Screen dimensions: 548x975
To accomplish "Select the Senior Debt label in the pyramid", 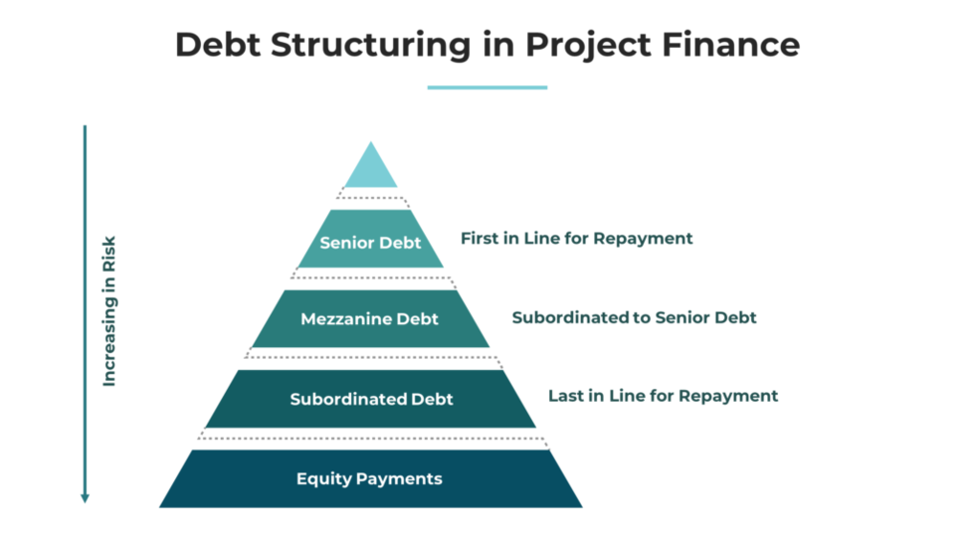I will pos(370,243).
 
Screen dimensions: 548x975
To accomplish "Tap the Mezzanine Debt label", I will pos(369,319).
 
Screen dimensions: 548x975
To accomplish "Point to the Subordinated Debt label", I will pos(371,399).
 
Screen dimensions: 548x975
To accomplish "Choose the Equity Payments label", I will pos(369,478).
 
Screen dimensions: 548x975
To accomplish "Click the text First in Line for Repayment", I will pos(576,239).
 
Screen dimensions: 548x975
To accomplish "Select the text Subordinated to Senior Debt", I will pos(634,318).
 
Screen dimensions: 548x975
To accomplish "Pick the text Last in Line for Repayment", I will pos(663,396).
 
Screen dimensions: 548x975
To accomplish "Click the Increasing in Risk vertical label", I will pos(109,311).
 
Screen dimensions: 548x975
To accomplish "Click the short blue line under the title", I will pos(487,88).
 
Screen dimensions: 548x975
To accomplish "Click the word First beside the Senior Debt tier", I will pos(479,239).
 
